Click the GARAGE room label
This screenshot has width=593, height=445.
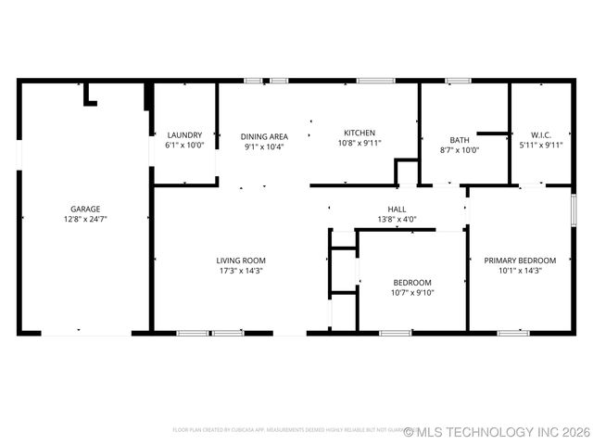point(85,209)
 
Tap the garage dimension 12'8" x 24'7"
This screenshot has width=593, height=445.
point(85,220)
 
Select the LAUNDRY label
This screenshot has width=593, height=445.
point(183,134)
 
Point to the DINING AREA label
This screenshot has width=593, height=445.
point(264,134)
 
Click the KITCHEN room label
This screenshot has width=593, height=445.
point(360,133)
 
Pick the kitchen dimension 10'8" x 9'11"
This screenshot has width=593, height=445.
point(360,144)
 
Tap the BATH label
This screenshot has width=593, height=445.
point(460,140)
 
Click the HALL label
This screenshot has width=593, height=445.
point(397,209)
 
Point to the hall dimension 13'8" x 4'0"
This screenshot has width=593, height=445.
point(397,220)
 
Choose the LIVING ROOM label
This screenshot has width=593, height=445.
point(241,261)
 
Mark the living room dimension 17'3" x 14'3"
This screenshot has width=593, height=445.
point(241,272)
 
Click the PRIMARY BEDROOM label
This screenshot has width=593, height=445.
point(520,261)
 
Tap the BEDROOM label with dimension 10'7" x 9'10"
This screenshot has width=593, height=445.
point(411,282)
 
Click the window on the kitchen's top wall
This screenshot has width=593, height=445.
point(376,81)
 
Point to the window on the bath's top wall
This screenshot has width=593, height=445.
point(458,81)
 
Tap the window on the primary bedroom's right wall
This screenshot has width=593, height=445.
point(574,209)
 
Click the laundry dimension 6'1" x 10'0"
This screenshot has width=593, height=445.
point(183,146)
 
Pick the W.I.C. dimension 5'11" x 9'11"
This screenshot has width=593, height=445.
point(541,145)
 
